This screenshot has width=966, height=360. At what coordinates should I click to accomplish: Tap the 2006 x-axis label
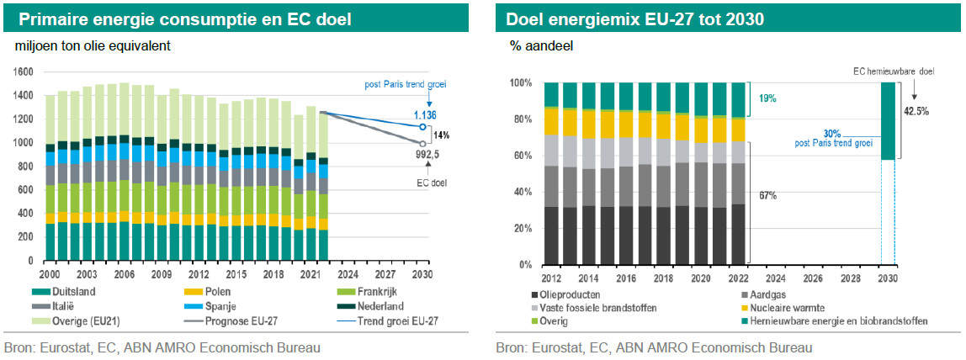click(x=124, y=274)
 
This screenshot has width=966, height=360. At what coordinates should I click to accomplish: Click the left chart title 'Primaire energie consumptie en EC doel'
click(x=185, y=19)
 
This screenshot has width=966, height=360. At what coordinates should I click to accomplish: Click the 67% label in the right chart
click(x=767, y=196)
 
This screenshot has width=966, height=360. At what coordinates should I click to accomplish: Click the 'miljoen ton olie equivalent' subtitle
click(x=93, y=46)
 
